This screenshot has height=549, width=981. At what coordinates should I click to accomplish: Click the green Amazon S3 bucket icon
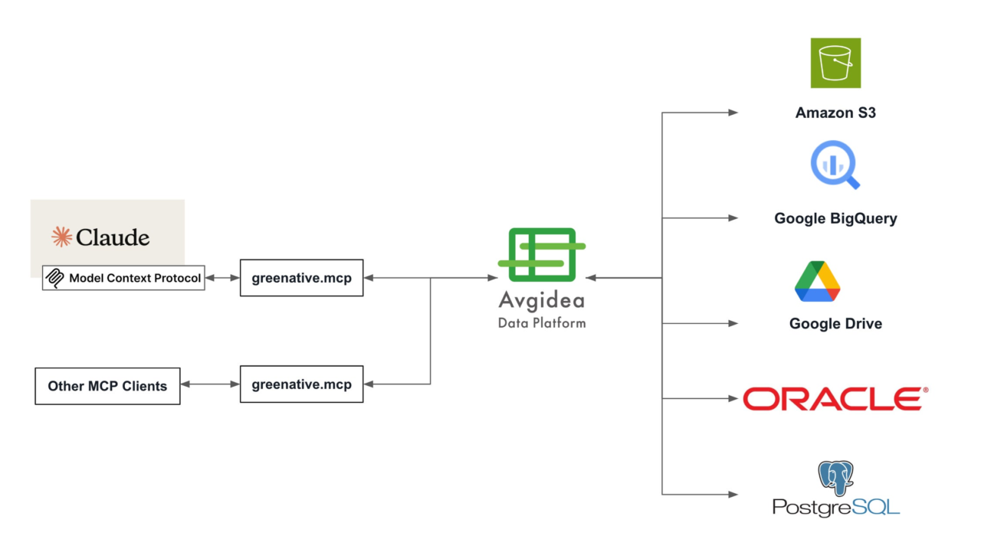click(x=835, y=63)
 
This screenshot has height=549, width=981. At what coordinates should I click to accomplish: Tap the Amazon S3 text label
click(x=835, y=113)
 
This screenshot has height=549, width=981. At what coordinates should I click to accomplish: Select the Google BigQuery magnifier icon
click(x=835, y=165)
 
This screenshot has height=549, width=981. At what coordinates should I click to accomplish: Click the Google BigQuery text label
click(x=835, y=218)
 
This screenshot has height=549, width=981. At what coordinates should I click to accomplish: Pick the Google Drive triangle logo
click(x=817, y=281)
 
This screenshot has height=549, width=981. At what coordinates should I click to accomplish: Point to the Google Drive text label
click(x=835, y=324)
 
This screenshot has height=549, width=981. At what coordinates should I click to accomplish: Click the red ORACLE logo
click(x=835, y=398)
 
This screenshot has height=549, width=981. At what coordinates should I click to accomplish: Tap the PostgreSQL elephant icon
click(x=835, y=478)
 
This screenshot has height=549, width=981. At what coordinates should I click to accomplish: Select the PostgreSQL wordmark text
click(x=835, y=508)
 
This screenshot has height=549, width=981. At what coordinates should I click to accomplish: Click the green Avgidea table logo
click(x=542, y=255)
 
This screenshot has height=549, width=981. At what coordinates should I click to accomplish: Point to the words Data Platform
click(x=542, y=323)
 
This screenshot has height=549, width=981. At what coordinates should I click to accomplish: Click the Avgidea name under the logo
click(x=542, y=301)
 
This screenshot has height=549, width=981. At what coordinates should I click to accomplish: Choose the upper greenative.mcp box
click(x=301, y=278)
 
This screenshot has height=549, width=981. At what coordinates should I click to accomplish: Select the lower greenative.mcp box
click(x=301, y=384)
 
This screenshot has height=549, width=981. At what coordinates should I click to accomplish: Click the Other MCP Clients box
click(x=107, y=386)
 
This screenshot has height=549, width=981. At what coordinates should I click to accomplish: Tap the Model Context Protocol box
click(x=123, y=278)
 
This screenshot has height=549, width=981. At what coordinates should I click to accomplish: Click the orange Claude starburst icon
click(x=62, y=237)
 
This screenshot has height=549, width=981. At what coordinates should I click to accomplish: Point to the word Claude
click(x=113, y=237)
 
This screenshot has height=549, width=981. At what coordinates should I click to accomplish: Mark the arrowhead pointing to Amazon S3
click(x=733, y=113)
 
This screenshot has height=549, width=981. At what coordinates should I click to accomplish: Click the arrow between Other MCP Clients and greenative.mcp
click(x=210, y=384)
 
